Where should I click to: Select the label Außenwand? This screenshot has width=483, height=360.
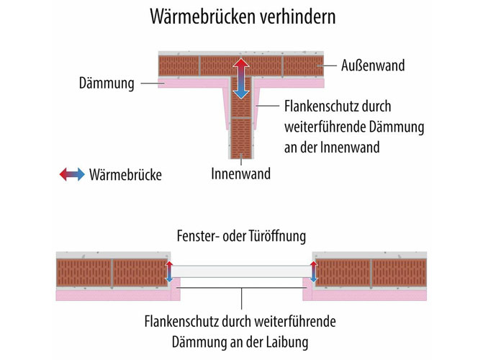[x=373, y=66]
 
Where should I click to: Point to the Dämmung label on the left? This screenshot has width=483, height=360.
[x=107, y=84]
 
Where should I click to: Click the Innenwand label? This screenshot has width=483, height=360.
[x=241, y=174]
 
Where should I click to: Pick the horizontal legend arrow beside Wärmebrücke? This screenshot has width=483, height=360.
[x=72, y=174]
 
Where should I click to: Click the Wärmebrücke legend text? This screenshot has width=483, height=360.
[x=125, y=174]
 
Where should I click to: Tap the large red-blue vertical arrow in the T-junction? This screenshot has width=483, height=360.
[x=241, y=78]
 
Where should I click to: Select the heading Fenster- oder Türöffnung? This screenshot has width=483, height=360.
[x=242, y=236]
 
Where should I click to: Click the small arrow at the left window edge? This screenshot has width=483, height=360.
[x=169, y=271]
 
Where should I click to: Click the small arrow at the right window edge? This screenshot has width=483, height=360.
[x=314, y=271]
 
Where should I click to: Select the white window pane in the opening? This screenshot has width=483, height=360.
[x=241, y=271]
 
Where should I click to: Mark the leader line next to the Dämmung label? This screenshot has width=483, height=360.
[x=153, y=84]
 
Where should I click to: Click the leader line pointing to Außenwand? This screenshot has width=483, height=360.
[x=327, y=66]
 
